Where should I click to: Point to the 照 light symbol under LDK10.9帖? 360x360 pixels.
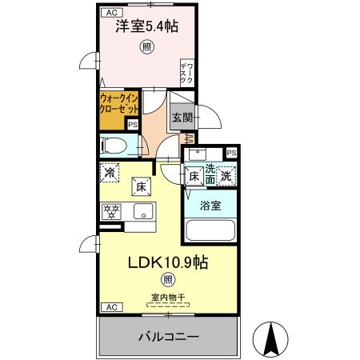click(167, 279)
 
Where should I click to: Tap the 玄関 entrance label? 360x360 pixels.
click(180, 118)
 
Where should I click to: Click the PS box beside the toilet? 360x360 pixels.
click(133, 124)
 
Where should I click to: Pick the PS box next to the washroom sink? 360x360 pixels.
click(231, 153)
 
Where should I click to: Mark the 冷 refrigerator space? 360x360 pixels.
click(109, 171)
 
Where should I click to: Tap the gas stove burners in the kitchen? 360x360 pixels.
click(110, 212)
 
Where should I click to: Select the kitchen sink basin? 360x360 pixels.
click(144, 213)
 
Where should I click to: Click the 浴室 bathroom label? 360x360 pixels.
click(210, 205)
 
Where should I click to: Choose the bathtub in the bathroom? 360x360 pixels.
click(210, 230)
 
